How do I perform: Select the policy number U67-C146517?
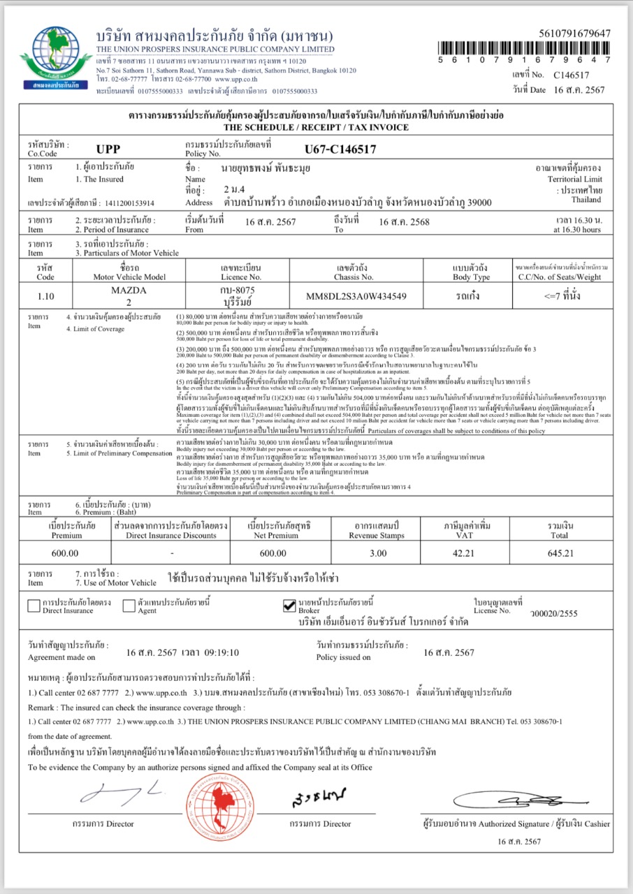click(x=340, y=149)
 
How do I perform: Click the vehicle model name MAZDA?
click(x=130, y=289)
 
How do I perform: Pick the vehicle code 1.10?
click(x=45, y=295)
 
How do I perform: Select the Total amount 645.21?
click(x=561, y=553)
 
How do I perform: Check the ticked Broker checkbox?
click(x=290, y=606)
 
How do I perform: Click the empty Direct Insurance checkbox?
click(x=34, y=606)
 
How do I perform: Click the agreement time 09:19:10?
click(x=221, y=652)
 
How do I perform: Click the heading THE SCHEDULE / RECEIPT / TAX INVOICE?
click(x=316, y=128)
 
